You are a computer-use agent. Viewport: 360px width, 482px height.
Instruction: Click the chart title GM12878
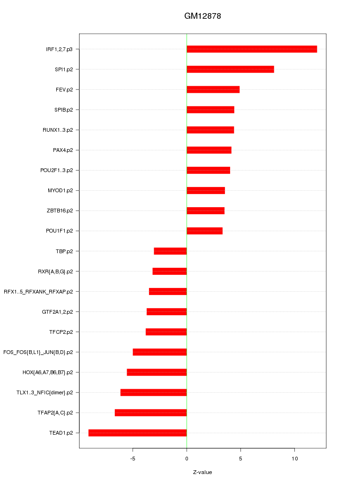(202, 16)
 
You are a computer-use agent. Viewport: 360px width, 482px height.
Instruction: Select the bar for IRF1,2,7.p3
(252, 49)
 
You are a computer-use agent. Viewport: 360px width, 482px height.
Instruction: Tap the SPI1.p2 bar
(230, 69)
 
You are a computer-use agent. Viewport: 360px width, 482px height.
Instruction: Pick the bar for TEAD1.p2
(137, 433)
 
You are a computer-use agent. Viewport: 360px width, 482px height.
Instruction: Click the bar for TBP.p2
(170, 251)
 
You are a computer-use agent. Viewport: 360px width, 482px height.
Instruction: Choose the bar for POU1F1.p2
(204, 231)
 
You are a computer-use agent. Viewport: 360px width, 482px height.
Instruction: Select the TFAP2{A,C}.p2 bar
(150, 413)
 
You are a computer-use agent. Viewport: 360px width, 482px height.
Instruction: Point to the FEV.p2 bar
(213, 90)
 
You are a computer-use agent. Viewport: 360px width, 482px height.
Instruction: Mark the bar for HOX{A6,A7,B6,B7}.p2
(157, 372)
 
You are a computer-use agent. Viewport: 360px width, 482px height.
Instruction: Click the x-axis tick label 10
(294, 459)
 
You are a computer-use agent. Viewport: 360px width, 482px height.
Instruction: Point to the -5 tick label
(133, 459)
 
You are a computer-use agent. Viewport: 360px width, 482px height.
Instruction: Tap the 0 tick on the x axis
(187, 459)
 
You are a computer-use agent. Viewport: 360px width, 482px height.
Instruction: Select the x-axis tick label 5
(240, 459)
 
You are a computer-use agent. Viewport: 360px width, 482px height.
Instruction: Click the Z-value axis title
(202, 472)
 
